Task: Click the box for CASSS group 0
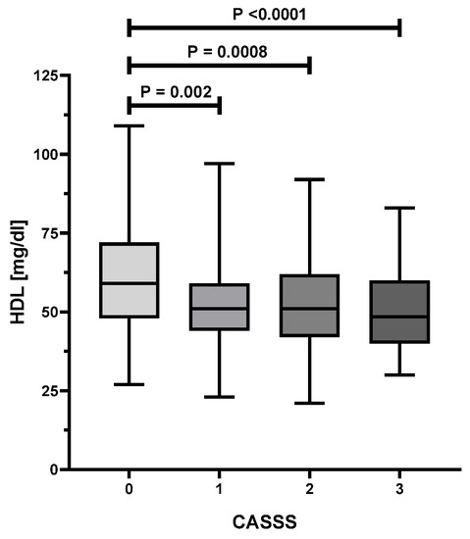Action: tap(129, 279)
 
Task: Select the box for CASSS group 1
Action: tap(219, 307)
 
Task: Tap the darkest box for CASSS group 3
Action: tap(399, 312)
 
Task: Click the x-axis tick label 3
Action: tap(399, 487)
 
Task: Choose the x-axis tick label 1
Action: tap(219, 487)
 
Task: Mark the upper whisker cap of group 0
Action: tap(129, 125)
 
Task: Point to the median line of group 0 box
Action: tap(129, 283)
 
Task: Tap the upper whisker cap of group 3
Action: tap(399, 208)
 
